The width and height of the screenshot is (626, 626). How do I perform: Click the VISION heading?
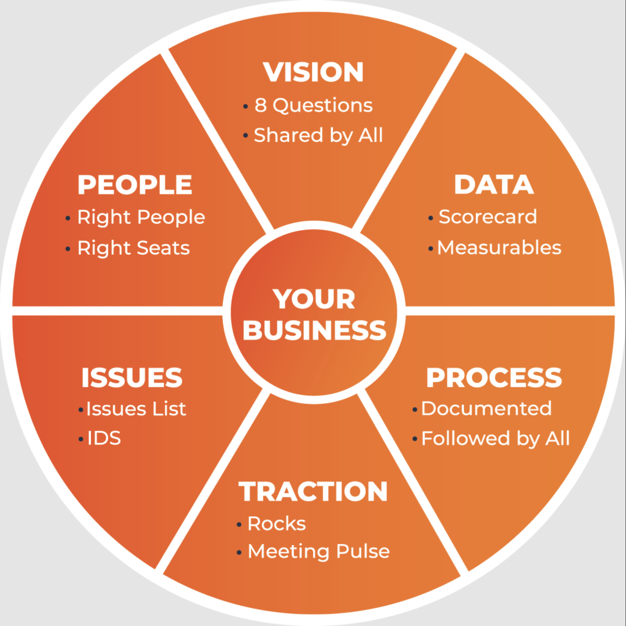pyautogui.click(x=313, y=72)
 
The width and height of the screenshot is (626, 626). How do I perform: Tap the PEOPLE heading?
pyautogui.click(x=135, y=185)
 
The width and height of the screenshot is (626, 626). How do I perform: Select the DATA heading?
pyautogui.click(x=494, y=185)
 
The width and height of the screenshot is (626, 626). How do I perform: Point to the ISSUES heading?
pyautogui.click(x=132, y=378)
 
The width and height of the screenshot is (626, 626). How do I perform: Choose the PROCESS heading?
pyautogui.click(x=494, y=378)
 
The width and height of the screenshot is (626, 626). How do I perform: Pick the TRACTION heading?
pyautogui.click(x=313, y=492)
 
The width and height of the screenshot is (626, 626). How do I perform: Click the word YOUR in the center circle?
pyautogui.click(x=314, y=299)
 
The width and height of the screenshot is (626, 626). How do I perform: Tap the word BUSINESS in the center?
pyautogui.click(x=314, y=330)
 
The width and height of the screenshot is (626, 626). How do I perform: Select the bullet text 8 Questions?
pyautogui.click(x=313, y=106)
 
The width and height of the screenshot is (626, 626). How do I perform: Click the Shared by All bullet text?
pyautogui.click(x=318, y=135)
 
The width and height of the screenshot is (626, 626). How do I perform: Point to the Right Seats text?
pyautogui.click(x=134, y=248)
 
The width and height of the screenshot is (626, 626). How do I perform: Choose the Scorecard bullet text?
pyautogui.click(x=487, y=217)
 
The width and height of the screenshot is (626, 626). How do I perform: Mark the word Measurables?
pyautogui.click(x=499, y=247)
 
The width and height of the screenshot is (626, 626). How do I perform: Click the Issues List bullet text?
pyautogui.click(x=136, y=409)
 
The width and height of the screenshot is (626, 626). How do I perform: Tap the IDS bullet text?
pyautogui.click(x=104, y=439)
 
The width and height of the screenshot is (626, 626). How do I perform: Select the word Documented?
pyautogui.click(x=486, y=408)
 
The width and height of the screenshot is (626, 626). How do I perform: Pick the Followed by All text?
pyautogui.click(x=496, y=439)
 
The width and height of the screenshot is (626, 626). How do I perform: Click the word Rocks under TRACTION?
pyautogui.click(x=277, y=524)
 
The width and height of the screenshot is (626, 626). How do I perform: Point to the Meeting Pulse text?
pyautogui.click(x=319, y=551)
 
